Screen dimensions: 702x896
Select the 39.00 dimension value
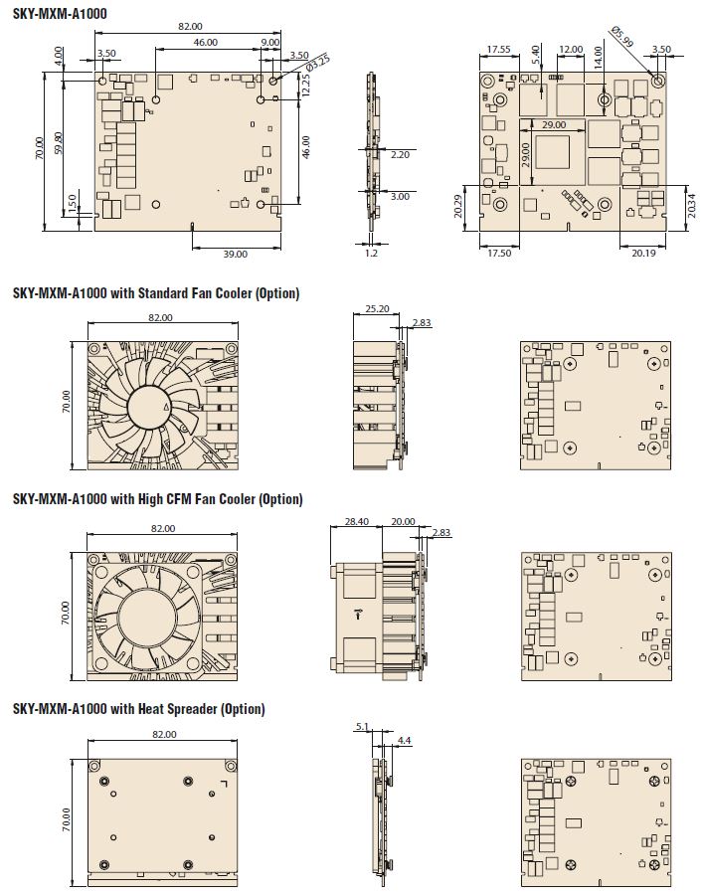[x=235, y=254]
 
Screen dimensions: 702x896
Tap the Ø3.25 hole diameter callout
[x=317, y=63]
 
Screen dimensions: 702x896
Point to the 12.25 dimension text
[x=305, y=85]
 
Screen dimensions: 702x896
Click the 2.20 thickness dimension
[x=400, y=154]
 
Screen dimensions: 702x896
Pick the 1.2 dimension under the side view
[x=371, y=253]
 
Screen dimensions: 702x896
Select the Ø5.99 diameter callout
[x=621, y=36]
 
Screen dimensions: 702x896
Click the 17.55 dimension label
[x=498, y=49]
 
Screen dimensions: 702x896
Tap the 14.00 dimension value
[x=598, y=58]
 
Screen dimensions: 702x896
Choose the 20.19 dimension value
[x=643, y=253]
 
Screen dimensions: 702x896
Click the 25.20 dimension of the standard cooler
[x=377, y=308]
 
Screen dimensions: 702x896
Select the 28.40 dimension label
[x=356, y=521]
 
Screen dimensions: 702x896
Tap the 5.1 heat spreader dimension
[x=362, y=727]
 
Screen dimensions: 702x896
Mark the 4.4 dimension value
[x=404, y=740]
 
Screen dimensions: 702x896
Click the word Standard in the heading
[x=162, y=293]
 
